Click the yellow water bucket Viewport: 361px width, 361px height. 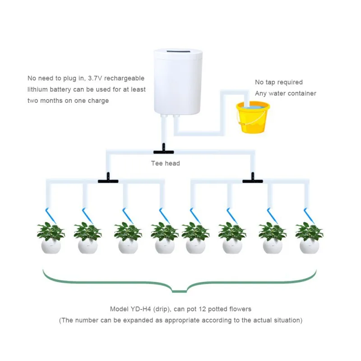click(253, 118)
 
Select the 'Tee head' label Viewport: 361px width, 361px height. click(165, 163)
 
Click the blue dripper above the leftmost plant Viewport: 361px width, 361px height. click(48, 212)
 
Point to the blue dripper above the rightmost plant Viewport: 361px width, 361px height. click(307, 212)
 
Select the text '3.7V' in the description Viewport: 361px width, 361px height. click(94, 78)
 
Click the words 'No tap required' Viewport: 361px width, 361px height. click(279, 82)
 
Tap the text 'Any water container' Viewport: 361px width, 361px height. click(286, 93)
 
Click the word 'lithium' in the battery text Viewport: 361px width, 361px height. click(37, 89)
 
